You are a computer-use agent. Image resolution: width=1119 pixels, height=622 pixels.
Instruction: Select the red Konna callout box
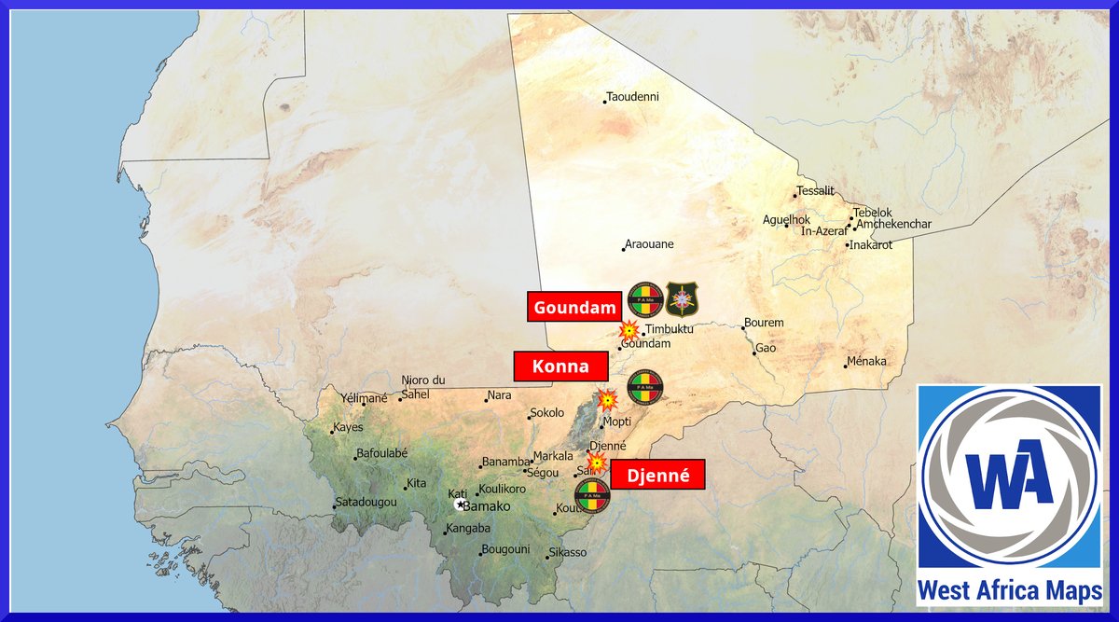click(560, 366)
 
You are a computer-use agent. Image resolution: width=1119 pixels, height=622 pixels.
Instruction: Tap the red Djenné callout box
click(657, 475)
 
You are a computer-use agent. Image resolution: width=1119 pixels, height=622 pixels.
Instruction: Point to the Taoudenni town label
click(634, 97)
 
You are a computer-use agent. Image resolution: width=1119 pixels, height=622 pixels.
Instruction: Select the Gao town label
click(766, 348)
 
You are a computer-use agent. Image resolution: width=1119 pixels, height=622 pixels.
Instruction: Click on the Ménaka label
click(868, 362)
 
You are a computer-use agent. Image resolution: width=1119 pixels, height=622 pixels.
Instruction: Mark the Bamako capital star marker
click(460, 504)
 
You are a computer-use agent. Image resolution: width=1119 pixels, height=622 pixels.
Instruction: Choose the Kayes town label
click(347, 428)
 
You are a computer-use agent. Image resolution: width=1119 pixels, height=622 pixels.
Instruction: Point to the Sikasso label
click(569, 552)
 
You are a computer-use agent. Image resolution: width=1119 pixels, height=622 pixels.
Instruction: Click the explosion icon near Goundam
click(630, 330)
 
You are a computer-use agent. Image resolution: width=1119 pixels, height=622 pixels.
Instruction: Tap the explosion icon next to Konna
click(607, 401)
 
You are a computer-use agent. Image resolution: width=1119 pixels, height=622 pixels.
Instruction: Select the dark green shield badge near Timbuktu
click(682, 299)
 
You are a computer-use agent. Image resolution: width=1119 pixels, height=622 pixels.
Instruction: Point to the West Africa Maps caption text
click(1010, 591)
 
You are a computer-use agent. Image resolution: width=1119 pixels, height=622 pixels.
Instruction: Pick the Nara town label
click(500, 395)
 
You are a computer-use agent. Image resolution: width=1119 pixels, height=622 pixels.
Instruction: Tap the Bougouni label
click(505, 549)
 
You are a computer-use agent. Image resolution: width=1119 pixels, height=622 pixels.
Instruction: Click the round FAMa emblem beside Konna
click(645, 388)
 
